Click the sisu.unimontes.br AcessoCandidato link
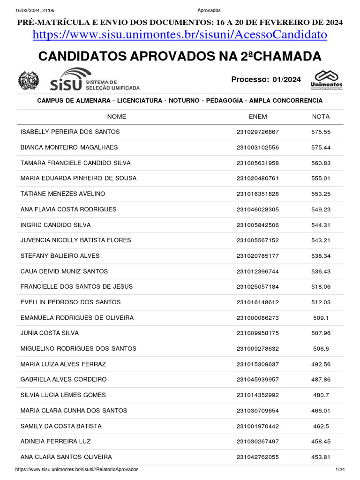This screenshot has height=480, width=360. (x=180, y=35)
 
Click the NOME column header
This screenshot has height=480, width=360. (x=117, y=117)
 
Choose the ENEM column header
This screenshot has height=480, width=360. (x=257, y=117)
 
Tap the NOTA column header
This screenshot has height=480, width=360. (x=321, y=117)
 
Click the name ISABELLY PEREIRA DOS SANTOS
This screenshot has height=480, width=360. (x=70, y=132)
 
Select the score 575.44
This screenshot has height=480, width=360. (x=321, y=148)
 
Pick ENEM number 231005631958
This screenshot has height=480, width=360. (x=257, y=163)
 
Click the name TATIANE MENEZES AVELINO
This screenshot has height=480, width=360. (x=63, y=194)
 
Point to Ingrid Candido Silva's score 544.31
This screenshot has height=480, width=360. (x=321, y=225)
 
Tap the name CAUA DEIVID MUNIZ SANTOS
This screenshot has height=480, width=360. (x=64, y=271)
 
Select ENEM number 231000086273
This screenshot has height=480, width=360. (x=257, y=318)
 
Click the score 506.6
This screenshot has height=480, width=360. (x=321, y=349)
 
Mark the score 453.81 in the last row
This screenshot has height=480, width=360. (x=321, y=457)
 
